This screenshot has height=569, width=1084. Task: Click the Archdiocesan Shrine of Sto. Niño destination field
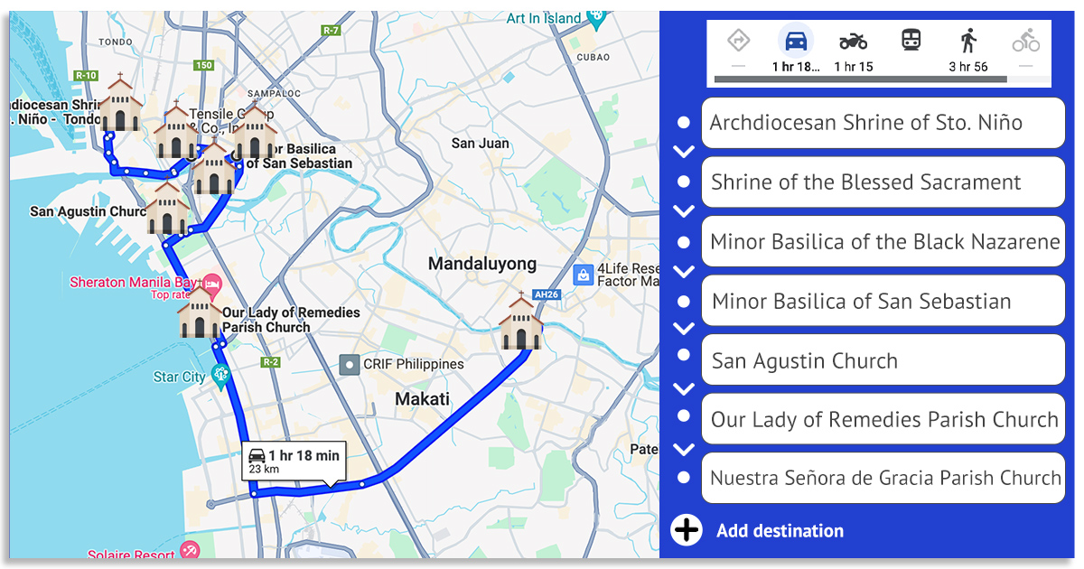click(x=882, y=123)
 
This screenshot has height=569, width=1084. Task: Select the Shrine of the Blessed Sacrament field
click(x=882, y=182)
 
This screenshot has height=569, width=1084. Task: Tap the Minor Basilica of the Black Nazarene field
click(x=882, y=242)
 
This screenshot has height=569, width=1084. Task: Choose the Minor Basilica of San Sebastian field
click(x=882, y=302)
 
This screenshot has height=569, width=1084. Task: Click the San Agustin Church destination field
click(x=882, y=361)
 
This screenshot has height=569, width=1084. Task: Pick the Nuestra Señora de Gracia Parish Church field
click(x=882, y=479)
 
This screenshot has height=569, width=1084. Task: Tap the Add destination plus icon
click(x=687, y=530)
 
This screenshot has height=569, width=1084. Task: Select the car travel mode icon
click(x=796, y=42)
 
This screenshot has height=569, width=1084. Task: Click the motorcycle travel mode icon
click(x=853, y=42)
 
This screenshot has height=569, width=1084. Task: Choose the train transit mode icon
click(x=911, y=41)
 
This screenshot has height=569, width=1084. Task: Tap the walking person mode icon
click(x=968, y=41)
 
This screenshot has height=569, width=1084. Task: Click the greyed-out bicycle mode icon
click(x=1025, y=41)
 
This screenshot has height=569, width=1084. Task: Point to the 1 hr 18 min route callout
click(x=294, y=461)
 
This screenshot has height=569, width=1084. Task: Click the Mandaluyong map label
click(x=481, y=265)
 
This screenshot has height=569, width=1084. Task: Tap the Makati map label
click(x=422, y=399)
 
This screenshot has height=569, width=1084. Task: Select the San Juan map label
click(x=480, y=144)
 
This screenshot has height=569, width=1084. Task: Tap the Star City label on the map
click(x=179, y=377)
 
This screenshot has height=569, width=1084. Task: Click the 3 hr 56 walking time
click(x=968, y=67)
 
